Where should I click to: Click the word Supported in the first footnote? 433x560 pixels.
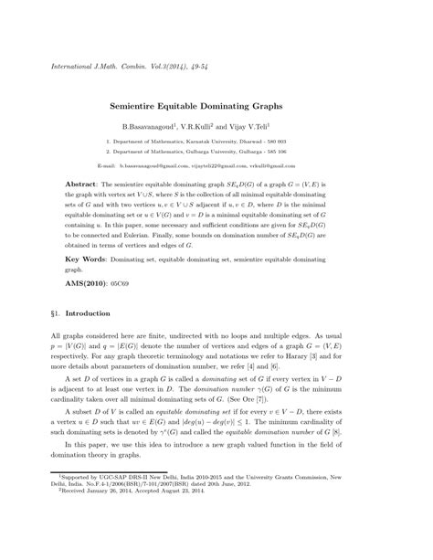point(79,528)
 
